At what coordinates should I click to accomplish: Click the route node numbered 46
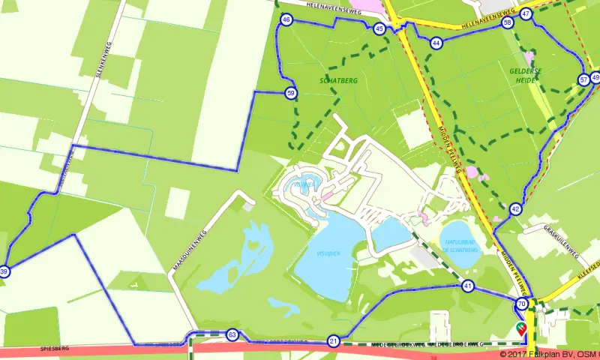[x=286, y=20]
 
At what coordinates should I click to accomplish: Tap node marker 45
[x=379, y=28]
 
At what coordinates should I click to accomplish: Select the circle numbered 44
[x=436, y=43]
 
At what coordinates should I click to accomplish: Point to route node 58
[x=508, y=23]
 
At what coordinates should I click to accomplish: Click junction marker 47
[x=526, y=13]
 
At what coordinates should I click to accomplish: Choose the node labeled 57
[x=583, y=79]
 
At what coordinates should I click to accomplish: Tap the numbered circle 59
[x=291, y=93]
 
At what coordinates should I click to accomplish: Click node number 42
[x=515, y=209]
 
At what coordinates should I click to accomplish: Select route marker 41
[x=468, y=286]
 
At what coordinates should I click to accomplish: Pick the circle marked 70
[x=522, y=304]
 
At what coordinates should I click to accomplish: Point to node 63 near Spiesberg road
[x=232, y=334]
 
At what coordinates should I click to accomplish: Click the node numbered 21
[x=334, y=341]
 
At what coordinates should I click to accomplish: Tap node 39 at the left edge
[x=4, y=271]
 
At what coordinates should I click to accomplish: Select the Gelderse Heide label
[x=526, y=74]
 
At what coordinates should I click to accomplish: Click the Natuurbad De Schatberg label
[x=461, y=246]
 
